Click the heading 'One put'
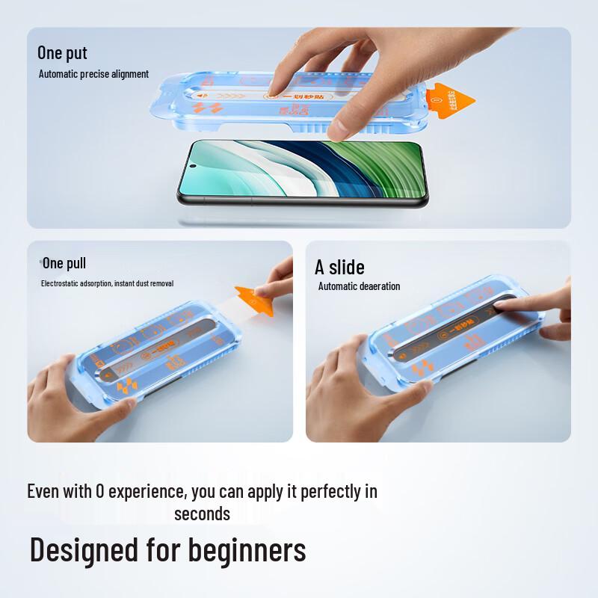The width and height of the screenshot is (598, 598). tap(62, 53)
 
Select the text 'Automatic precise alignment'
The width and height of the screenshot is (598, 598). tap(93, 74)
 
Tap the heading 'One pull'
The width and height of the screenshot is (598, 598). tap(64, 263)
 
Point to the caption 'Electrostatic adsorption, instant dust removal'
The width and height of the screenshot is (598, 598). tap(107, 284)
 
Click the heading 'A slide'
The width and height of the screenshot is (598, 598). tap(339, 267)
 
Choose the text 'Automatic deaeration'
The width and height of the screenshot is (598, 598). tap(359, 286)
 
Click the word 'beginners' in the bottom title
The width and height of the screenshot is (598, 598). tap(247, 550)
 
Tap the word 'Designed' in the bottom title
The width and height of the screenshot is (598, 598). tap(84, 550)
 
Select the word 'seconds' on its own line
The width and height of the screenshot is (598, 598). tap(202, 514)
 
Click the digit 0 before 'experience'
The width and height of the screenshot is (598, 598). tap(99, 492)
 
